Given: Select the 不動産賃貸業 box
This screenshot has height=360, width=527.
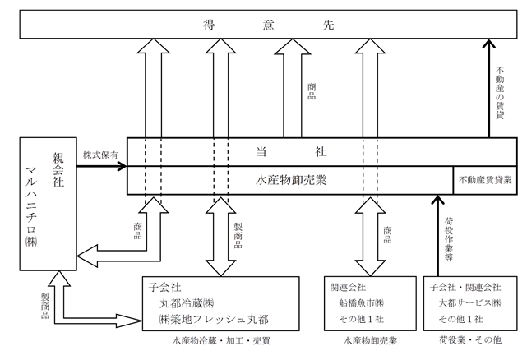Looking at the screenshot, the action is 485,180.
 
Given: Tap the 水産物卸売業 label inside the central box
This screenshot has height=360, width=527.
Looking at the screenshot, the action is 291,181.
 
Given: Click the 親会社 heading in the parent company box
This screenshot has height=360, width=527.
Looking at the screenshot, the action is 58,170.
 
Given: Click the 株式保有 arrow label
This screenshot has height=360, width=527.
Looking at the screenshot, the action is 100,155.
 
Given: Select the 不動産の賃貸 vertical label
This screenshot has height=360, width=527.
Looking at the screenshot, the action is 500,93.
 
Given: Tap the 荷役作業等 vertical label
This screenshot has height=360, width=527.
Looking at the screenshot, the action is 449,239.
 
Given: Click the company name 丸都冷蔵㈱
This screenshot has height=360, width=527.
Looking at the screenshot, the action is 187,303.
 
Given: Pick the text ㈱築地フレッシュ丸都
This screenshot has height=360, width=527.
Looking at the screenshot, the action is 214,319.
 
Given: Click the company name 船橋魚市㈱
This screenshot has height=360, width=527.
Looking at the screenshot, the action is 361,303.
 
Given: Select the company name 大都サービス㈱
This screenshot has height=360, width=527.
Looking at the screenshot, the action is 469,303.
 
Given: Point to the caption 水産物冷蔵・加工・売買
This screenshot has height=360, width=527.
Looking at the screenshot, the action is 221,341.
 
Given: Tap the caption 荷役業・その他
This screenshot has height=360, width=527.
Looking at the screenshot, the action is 470,340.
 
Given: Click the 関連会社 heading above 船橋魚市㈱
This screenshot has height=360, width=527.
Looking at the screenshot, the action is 348,288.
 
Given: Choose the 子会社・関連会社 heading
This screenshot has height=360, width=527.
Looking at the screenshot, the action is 465,288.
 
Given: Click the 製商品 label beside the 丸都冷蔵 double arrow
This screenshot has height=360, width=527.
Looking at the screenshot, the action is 238,235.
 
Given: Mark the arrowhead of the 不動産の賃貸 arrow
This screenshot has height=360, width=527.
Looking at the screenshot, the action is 489,41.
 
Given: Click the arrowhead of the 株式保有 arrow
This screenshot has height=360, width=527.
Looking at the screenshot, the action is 124,166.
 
